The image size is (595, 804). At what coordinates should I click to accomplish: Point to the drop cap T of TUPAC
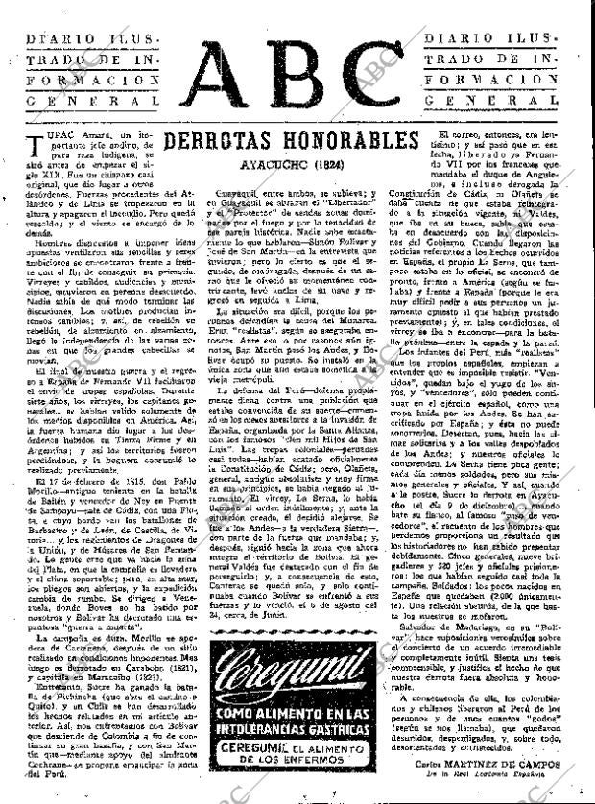point(29,146)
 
